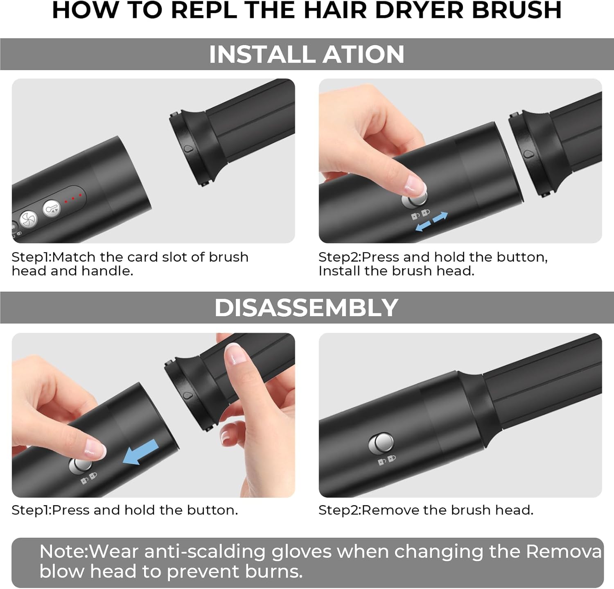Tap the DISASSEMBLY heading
tap(307, 308)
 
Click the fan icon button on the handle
tap(29, 219)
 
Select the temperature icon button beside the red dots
tap(52, 208)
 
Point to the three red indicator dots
tap(73, 198)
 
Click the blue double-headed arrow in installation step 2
tap(431, 222)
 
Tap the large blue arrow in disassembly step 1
tap(140, 453)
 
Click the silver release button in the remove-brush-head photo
tap(381, 444)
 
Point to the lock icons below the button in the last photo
tap(386, 460)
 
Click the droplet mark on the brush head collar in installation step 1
tap(188, 149)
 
